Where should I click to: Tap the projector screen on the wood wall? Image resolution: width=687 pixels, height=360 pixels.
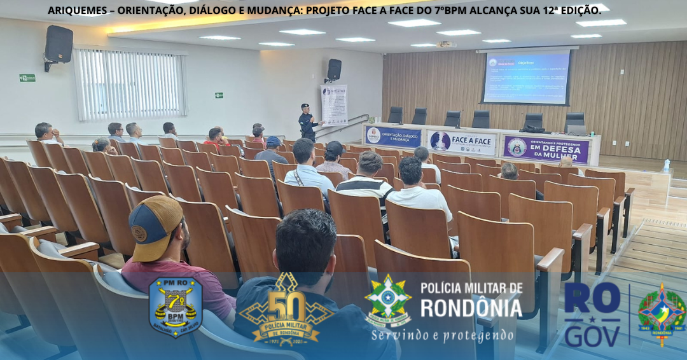pos(526,78)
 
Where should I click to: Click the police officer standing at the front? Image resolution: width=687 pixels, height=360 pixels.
pos(308,123)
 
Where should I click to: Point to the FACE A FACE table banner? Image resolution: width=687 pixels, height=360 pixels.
pos(462,142)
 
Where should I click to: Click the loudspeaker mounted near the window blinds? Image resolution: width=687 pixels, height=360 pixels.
pos(59,45)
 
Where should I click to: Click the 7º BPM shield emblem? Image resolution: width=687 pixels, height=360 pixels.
pos(175,306)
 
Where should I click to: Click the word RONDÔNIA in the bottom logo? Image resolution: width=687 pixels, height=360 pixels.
pos(471,308)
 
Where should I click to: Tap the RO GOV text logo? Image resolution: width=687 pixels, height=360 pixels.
pos(592,314)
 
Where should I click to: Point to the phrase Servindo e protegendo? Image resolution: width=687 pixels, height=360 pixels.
pos(444,335)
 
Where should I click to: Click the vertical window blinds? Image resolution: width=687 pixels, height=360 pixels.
pos(130,85)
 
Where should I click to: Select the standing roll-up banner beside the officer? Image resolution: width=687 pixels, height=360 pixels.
pos(334,105)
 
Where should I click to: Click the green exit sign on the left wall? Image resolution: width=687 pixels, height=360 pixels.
pos(27,78)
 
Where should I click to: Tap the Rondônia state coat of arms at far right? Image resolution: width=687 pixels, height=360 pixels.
pos(662,314)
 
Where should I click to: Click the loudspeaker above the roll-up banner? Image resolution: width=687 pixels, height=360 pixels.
pos(334,69)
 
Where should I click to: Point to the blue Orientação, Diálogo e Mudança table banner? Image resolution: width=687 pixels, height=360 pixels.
pos(393,137)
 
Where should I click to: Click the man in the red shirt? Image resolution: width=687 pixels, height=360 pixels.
pos(216,137)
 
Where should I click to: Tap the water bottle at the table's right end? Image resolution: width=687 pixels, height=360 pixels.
pos(666,165)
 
